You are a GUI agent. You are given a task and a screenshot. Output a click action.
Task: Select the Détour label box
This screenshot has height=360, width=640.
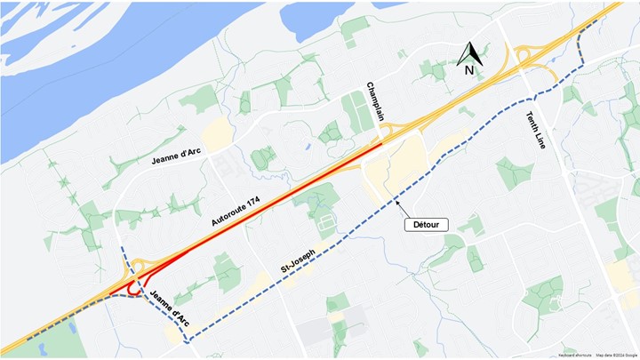(427, 225)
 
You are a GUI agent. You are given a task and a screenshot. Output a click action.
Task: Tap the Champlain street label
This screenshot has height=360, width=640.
(375, 101)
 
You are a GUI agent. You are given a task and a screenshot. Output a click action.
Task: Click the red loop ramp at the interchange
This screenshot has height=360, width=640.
(133, 288)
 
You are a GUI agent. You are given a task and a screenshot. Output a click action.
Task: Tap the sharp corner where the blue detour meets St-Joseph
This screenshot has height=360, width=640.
(187, 340)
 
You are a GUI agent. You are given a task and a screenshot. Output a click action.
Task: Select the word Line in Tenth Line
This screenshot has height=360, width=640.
(540, 140)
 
